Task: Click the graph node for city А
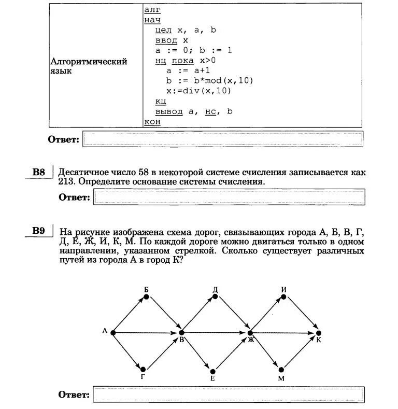pyautogui.click(x=112, y=332)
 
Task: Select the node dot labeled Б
pyautogui.click(x=147, y=297)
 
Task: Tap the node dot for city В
pyautogui.click(x=181, y=332)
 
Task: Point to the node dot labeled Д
pyautogui.click(x=215, y=297)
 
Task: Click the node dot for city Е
pyautogui.click(x=213, y=371)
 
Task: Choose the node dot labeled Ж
pyautogui.click(x=250, y=332)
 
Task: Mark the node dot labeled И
pyautogui.click(x=283, y=297)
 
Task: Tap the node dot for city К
pyautogui.click(x=319, y=332)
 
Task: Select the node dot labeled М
pyautogui.click(x=281, y=370)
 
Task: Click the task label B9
pyautogui.click(x=39, y=231)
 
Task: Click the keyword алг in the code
pyautogui.click(x=152, y=9)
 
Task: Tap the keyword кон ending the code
pyautogui.click(x=152, y=121)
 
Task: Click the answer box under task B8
pyautogui.click(x=228, y=197)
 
